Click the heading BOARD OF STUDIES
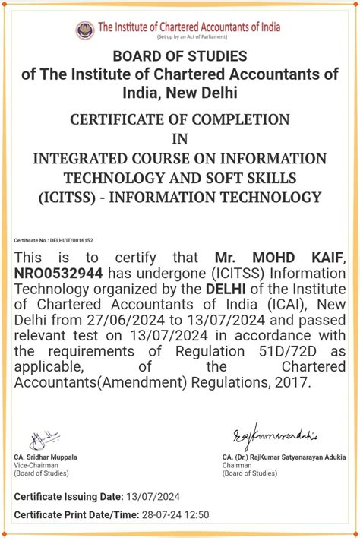click(179, 56)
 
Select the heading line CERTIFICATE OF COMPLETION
click(179, 119)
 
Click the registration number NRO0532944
click(62, 273)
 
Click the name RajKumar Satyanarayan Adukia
click(289, 457)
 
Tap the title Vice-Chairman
click(35, 466)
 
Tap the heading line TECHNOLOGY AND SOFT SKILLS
click(179, 177)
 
